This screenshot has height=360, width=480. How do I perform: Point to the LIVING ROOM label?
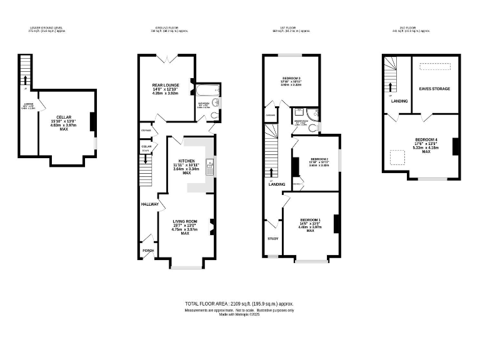coord(184,221)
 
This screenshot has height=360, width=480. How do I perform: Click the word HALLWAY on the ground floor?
coord(149,204)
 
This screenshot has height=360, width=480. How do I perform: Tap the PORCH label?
coord(148,251)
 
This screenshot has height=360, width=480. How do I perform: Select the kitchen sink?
coord(211,166)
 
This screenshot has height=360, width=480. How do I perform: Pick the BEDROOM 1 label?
coord(310,220)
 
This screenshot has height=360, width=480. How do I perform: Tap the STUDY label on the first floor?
coord(272,239)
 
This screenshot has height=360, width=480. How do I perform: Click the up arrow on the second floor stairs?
coord(391,86)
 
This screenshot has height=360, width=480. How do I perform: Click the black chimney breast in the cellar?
coord(92,121)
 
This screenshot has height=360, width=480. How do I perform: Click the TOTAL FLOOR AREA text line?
coord(239,303)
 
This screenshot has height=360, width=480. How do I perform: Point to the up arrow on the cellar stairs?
coord(25,79)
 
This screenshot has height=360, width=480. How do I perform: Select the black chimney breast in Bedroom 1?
coord(336,223)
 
